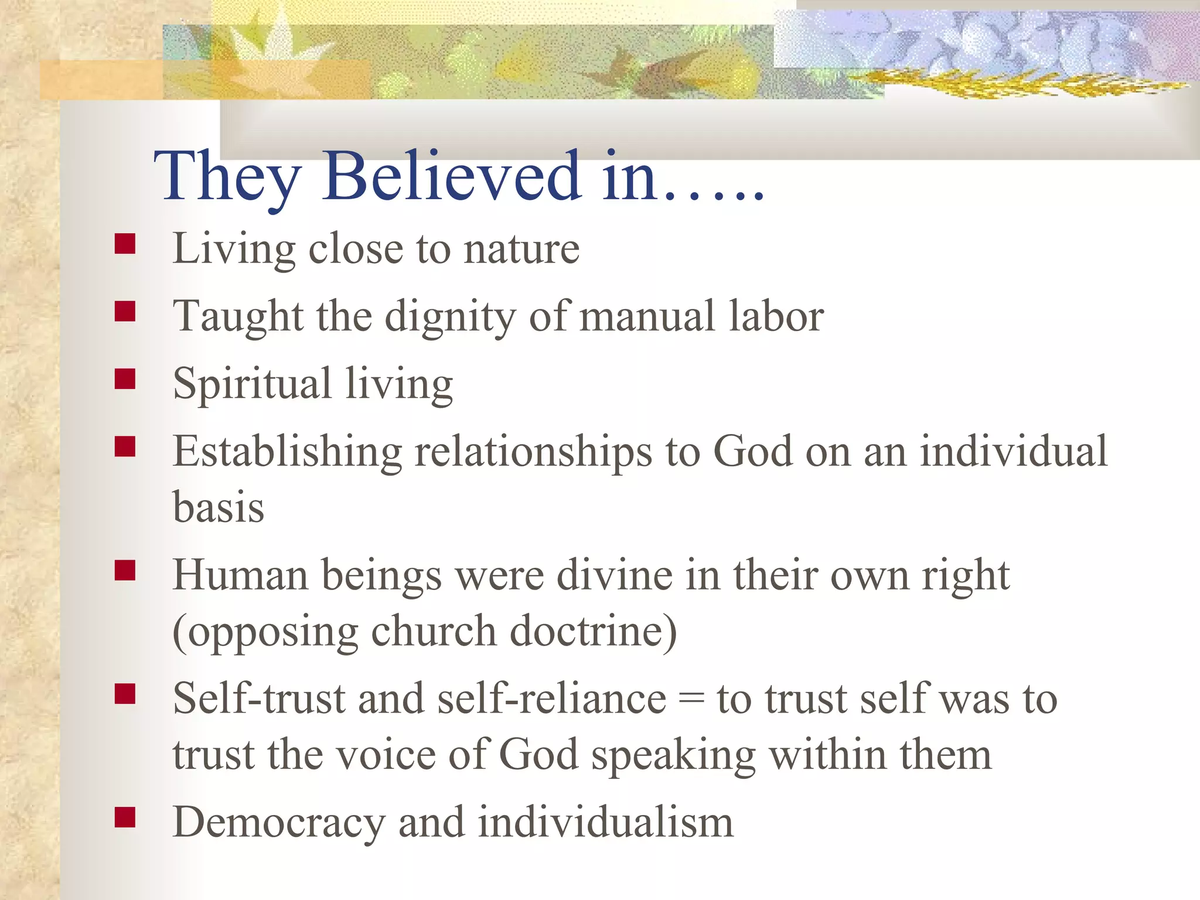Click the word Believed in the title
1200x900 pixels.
452,176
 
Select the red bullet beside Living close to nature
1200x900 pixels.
125,244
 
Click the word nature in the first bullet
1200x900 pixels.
521,249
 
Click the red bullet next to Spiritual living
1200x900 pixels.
125,379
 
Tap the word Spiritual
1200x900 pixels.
253,384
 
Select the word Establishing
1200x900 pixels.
287,452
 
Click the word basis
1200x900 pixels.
219,507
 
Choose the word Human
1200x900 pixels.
240,575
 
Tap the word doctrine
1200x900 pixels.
592,632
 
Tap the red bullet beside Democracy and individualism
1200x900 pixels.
125,817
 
